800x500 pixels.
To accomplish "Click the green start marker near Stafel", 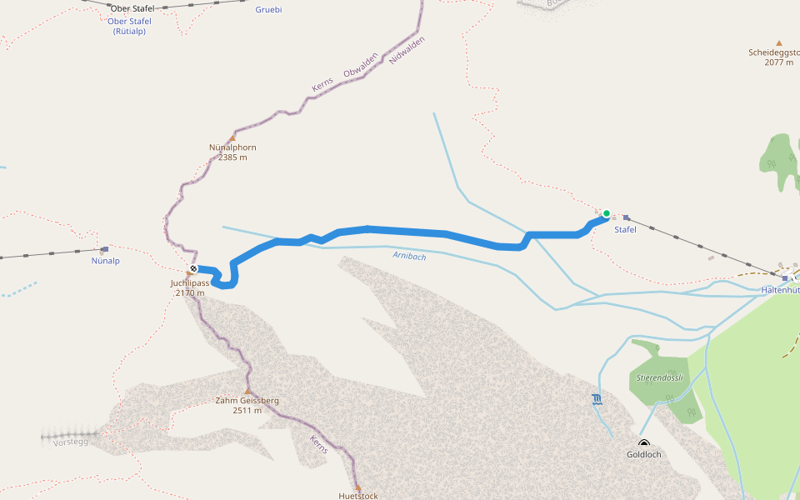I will pos(607,213).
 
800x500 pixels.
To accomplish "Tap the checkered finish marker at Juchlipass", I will pos(193,268).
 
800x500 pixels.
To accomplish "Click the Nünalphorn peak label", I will pos(232,147).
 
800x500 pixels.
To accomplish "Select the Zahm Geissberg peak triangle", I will pos(247,391).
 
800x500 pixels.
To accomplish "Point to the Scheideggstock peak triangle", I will pos(779,42).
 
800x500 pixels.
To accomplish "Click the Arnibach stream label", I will pos(409,257).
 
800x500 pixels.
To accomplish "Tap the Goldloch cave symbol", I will pos(643,443).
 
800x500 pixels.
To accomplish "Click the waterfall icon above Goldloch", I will pos(597,400).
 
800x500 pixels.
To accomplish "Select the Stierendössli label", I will pos(659,377).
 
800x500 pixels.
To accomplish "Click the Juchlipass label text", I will pos(189,282).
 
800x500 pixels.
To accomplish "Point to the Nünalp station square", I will pos(105,249).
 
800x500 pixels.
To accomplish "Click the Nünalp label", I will pos(105,261).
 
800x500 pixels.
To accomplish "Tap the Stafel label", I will pos(625,229).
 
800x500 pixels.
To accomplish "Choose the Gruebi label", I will pos(268,10).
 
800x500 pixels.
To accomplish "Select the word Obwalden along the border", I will pos(361,68).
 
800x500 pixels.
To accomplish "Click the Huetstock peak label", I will pos(358,496).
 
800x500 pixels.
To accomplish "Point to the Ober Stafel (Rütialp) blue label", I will pos(129,26).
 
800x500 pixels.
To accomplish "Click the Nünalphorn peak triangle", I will pos(232,138).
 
